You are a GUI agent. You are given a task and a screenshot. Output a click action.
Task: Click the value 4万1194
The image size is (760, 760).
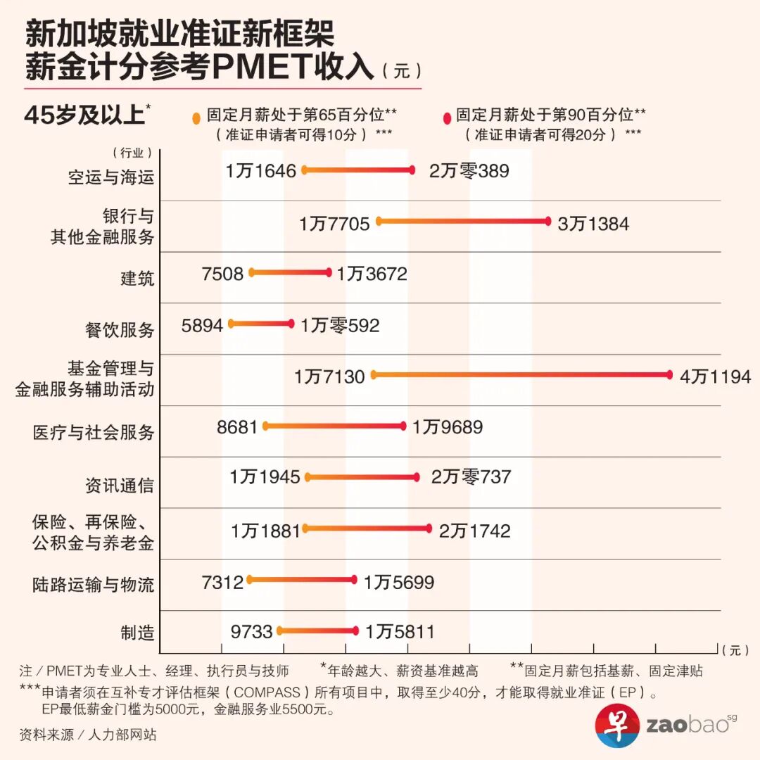pyautogui.click(x=715, y=376)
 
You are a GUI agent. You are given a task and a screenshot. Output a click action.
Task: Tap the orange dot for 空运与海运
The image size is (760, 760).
pyautogui.click(x=305, y=170)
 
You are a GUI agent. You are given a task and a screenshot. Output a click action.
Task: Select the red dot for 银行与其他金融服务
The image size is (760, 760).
pyautogui.click(x=547, y=221)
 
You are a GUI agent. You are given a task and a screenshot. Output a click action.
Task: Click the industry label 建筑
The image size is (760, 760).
pyautogui.click(x=137, y=278)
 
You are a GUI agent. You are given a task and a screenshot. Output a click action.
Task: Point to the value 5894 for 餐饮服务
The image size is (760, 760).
pyautogui.click(x=202, y=325)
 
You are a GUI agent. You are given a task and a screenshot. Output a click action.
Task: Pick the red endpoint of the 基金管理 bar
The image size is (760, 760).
pyautogui.click(x=669, y=375)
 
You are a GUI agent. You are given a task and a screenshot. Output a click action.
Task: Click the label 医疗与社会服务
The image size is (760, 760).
pyautogui.click(x=94, y=432)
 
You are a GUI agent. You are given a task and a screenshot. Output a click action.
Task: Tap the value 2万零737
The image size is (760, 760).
pyautogui.click(x=471, y=477)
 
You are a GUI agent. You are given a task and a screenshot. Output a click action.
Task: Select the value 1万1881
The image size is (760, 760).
pyautogui.click(x=265, y=531)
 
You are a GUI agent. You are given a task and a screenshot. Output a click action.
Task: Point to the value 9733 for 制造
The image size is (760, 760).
pyautogui.click(x=251, y=632)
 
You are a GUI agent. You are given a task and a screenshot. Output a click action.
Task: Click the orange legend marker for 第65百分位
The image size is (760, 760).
pyautogui.click(x=196, y=118)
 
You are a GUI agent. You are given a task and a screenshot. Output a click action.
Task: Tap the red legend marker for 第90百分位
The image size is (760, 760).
pyautogui.click(x=446, y=117)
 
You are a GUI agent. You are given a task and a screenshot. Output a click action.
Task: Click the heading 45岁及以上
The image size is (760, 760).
pyautogui.click(x=84, y=115)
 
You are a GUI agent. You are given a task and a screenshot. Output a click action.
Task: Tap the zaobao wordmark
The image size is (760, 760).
pyautogui.click(x=687, y=726)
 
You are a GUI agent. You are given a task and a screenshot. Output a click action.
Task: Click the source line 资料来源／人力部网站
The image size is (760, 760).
pyautogui.click(x=88, y=735)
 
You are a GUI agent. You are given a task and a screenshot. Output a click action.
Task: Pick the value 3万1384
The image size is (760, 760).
pyautogui.click(x=593, y=224)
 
